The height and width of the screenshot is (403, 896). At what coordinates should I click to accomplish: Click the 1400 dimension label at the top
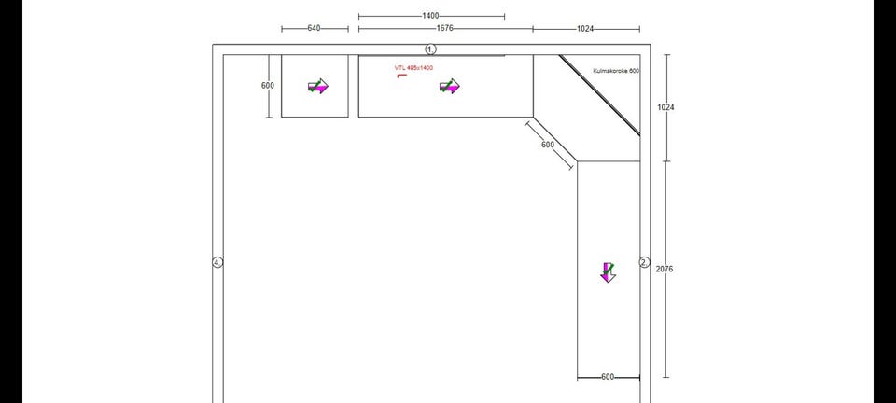pyautogui.click(x=430, y=16)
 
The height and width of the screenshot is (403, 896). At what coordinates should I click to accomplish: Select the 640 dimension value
pyautogui.click(x=314, y=28)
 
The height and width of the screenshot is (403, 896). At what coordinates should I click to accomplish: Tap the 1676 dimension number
pyautogui.click(x=444, y=28)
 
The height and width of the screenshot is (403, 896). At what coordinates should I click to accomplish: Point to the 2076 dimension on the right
pyautogui.click(x=665, y=269)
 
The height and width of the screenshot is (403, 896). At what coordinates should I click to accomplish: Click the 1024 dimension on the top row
pyautogui.click(x=585, y=29)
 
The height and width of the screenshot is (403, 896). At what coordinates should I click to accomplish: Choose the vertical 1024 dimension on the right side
pyautogui.click(x=665, y=106)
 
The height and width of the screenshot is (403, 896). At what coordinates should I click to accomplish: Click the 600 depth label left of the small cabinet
pyautogui.click(x=268, y=86)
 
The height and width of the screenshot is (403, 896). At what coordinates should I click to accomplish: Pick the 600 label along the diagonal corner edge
pyautogui.click(x=548, y=145)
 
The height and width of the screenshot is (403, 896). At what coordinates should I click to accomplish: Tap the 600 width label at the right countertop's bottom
pyautogui.click(x=608, y=377)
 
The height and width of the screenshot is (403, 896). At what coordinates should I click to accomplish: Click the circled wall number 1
pyautogui.click(x=431, y=49)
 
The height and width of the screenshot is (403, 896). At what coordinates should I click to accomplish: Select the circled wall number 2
pyautogui.click(x=645, y=262)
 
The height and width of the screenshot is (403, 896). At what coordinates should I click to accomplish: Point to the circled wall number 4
pyautogui.click(x=217, y=262)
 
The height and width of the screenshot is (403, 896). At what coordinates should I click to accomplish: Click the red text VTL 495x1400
pyautogui.click(x=413, y=68)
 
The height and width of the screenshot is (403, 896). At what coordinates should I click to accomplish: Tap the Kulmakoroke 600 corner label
pyautogui.click(x=616, y=71)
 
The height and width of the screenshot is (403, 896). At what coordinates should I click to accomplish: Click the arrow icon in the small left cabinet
pyautogui.click(x=318, y=86)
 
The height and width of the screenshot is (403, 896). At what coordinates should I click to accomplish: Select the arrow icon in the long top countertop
pyautogui.click(x=450, y=86)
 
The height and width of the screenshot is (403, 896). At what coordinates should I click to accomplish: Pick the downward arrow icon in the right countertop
pyautogui.click(x=608, y=272)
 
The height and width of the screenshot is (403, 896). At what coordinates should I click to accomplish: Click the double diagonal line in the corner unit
pyautogui.click(x=599, y=95)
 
